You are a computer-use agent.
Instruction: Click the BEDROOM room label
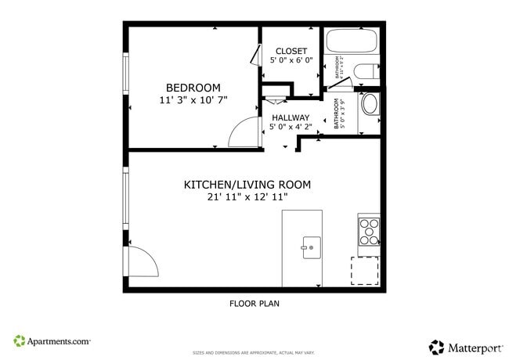[x=193, y=88]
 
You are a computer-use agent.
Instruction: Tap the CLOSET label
[x=291, y=51]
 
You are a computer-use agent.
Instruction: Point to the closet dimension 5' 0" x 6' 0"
[x=291, y=60]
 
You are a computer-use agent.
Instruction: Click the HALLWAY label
[x=291, y=117]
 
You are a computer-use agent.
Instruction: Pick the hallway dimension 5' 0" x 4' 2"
[x=291, y=127]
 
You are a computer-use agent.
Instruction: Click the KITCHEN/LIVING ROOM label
[x=247, y=185]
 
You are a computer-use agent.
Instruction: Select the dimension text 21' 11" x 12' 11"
[x=247, y=198]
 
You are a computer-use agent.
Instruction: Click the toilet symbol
[x=366, y=73]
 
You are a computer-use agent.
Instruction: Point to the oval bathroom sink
[x=369, y=105]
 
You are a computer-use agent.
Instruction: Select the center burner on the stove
[x=369, y=232]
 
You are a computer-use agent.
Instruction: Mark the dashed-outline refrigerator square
[x=364, y=270]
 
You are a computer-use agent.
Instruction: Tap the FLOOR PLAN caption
[x=254, y=304]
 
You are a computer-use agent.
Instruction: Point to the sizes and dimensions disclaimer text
[x=254, y=353]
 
